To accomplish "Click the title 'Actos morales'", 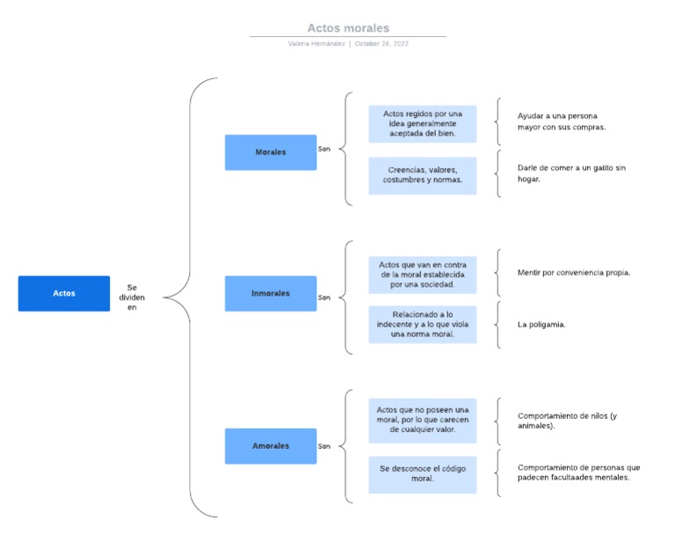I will (348, 28).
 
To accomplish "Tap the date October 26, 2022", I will (381, 43).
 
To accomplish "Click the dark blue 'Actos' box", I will (64, 293).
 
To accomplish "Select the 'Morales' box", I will (271, 152).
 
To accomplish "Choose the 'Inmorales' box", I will (271, 293).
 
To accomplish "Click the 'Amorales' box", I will (271, 446).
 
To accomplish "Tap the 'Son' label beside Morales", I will (324, 149).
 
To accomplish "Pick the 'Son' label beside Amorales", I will (324, 446).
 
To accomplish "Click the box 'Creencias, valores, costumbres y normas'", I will (423, 175).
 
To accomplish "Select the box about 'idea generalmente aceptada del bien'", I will (423, 124).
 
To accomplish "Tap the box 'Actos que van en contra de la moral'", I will (423, 275).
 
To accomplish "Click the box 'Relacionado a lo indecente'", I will (423, 324).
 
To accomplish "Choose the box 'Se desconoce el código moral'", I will (423, 473).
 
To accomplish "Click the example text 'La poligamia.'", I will (541, 325).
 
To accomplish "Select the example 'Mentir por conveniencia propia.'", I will (574, 273).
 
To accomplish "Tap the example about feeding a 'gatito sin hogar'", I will (571, 173).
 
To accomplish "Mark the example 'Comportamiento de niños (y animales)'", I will (567, 421).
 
